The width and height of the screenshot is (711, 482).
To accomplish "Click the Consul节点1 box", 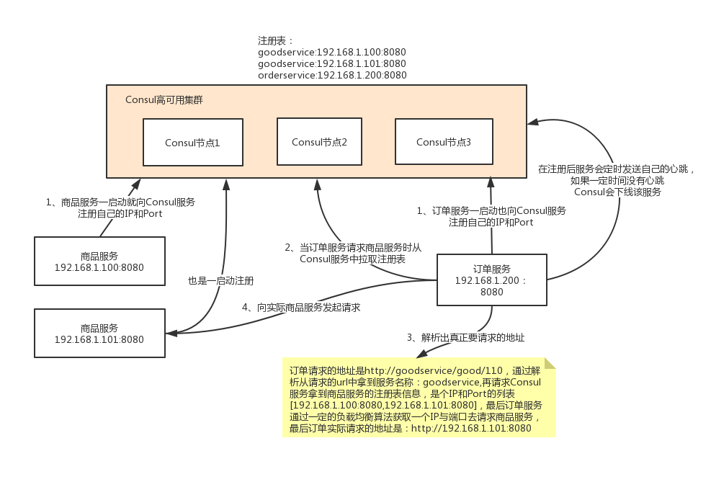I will [x=192, y=143].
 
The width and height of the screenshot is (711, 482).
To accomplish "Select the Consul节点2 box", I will [x=319, y=142].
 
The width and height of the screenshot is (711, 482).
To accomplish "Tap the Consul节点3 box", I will [x=444, y=142].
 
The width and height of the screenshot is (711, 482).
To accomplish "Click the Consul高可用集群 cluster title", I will [x=164, y=100].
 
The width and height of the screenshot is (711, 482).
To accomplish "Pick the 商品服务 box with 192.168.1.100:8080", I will [x=99, y=261].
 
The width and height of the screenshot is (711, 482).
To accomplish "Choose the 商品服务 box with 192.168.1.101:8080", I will [x=99, y=334].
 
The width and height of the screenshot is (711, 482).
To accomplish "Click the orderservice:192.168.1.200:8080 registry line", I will [x=332, y=75].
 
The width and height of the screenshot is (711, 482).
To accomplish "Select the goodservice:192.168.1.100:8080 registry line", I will [x=332, y=52].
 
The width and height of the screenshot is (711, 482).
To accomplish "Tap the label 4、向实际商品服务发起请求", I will [x=301, y=307].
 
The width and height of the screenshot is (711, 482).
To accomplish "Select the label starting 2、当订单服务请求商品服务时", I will [x=353, y=253].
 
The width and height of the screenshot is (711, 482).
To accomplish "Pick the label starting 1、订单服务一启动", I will [x=491, y=217].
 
